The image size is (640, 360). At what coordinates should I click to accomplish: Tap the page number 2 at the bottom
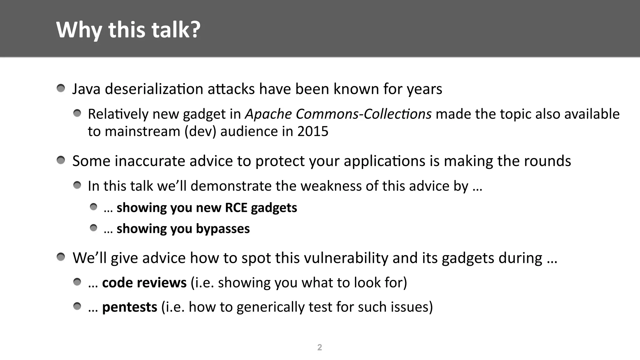pyautogui.click(x=319, y=347)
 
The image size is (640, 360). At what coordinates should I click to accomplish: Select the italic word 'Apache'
pyautogui.click(x=268, y=114)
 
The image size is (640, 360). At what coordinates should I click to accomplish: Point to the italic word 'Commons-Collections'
pyautogui.click(x=363, y=114)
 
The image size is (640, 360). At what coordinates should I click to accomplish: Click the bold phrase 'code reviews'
pyautogui.click(x=144, y=282)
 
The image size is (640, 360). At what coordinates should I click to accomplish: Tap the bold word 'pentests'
pyautogui.click(x=130, y=307)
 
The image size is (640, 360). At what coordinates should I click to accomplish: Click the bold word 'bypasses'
pyautogui.click(x=223, y=229)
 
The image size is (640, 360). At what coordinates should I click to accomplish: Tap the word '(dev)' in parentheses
pyautogui.click(x=200, y=131)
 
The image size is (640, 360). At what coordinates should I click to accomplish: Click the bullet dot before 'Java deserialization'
pyautogui.click(x=61, y=88)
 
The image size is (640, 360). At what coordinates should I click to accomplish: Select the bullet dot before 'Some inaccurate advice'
pyautogui.click(x=61, y=161)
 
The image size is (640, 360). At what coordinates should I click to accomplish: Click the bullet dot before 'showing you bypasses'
pyautogui.click(x=93, y=228)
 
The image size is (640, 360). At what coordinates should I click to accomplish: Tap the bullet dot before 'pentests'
pyautogui.click(x=77, y=306)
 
